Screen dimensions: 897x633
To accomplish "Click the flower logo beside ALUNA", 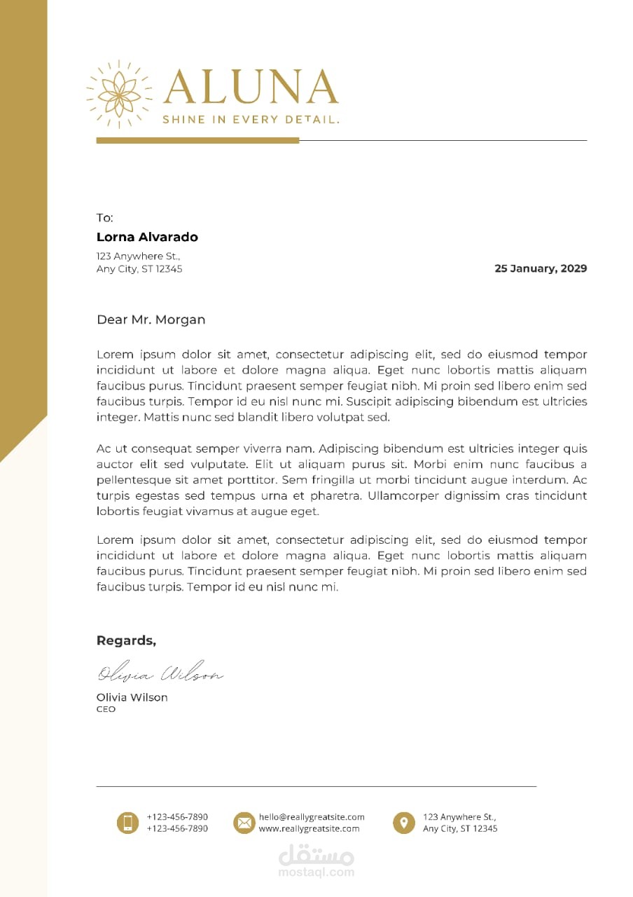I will (x=119, y=94).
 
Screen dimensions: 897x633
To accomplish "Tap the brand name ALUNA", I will (x=251, y=88).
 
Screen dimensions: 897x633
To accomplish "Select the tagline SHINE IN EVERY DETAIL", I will (x=251, y=120).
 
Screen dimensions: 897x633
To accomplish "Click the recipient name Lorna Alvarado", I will (x=147, y=237).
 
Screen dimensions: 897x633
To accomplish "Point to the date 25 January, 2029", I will (x=541, y=268).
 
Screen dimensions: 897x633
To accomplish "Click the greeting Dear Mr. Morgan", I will (x=151, y=320).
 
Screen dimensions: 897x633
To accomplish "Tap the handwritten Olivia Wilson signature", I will (x=160, y=673).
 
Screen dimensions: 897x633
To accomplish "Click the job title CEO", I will (x=106, y=709).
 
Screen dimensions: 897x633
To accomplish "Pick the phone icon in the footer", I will (x=127, y=823).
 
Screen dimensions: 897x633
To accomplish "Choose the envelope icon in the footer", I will (x=244, y=823).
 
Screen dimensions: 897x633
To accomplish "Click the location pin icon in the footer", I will (x=403, y=823).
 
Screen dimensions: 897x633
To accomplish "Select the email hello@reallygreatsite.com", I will (x=312, y=817).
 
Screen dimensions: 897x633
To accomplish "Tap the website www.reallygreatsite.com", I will (x=309, y=828).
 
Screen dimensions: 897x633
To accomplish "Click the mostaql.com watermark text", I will (x=316, y=873).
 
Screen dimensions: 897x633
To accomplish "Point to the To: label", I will (x=104, y=218).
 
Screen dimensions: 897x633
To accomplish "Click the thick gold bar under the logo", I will (x=197, y=141).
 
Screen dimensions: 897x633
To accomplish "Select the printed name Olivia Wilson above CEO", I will (x=132, y=697).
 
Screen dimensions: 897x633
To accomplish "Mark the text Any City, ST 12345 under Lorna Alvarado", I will (x=139, y=268).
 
